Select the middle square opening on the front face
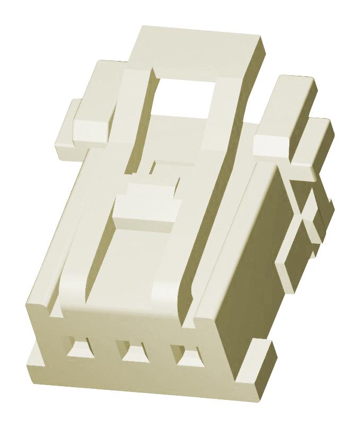click(133, 351)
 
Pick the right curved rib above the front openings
click(170, 297)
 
